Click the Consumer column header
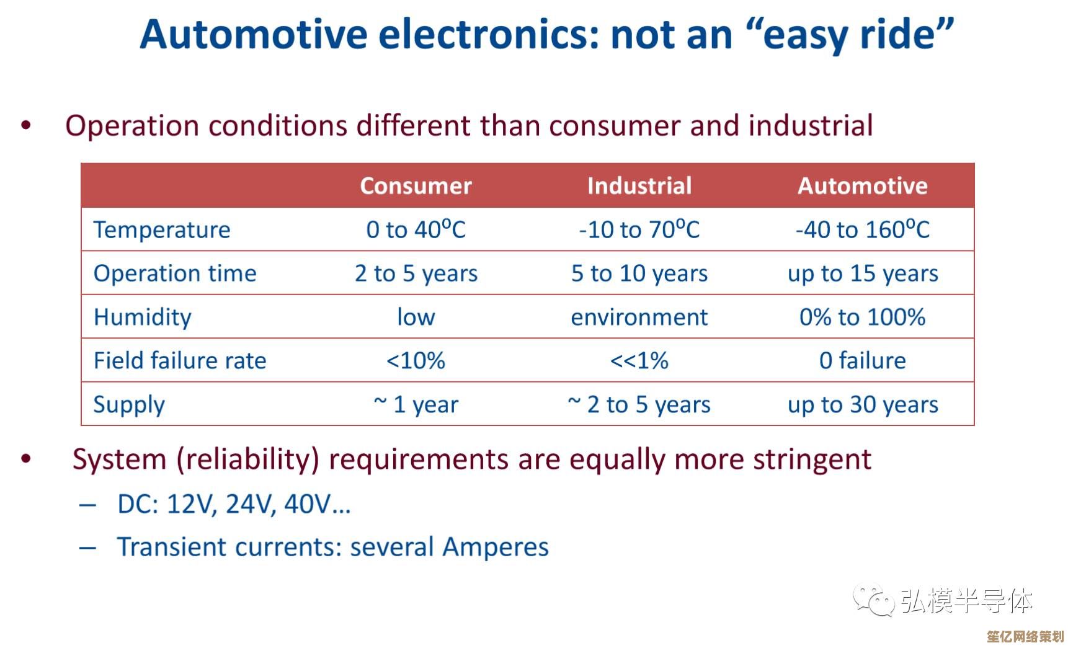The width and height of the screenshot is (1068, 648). tap(416, 186)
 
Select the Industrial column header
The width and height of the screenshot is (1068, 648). tap(639, 186)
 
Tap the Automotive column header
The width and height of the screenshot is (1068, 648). tap(863, 186)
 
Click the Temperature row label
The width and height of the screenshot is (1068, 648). tap(162, 230)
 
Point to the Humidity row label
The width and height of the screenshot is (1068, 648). tap(143, 317)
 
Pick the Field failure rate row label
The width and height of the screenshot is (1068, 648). tap(180, 361)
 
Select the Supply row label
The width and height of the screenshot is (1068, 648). tap(129, 405)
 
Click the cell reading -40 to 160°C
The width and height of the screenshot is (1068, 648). tap(863, 230)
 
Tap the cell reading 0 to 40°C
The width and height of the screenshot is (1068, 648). tap(416, 230)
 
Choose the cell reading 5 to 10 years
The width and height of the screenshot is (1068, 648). tap(639, 273)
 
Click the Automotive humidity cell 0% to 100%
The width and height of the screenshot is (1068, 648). tap(863, 317)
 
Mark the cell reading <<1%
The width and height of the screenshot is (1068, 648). tap(639, 361)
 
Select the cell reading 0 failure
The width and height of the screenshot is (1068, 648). tap(863, 361)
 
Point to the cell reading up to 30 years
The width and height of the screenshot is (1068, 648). tap(863, 405)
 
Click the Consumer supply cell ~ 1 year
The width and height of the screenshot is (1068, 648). tap(416, 405)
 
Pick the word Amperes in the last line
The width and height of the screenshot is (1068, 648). tap(496, 548)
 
